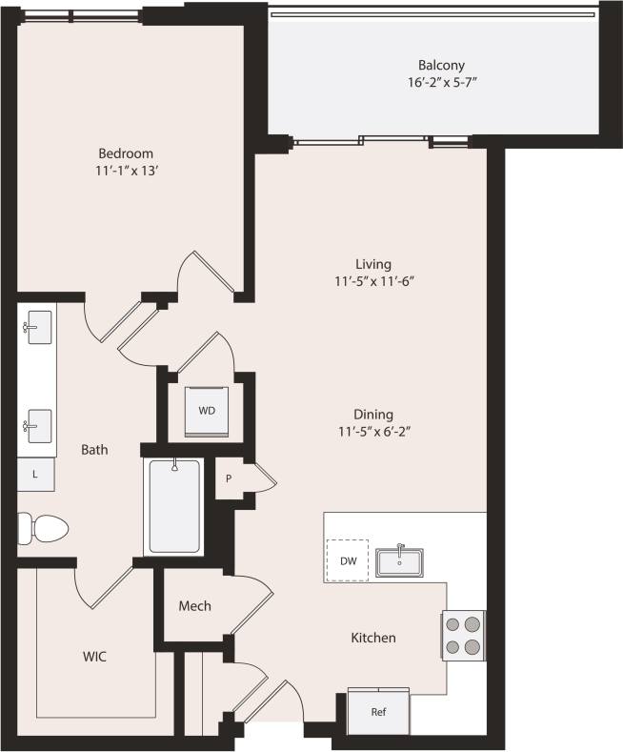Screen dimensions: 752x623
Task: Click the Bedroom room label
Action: [126, 153]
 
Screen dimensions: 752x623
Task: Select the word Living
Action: [372, 264]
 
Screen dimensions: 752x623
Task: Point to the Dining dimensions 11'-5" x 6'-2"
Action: [372, 432]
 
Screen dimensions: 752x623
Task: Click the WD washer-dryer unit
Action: [207, 410]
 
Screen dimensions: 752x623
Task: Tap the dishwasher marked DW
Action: [348, 560]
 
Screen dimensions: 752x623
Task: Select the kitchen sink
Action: [399, 561]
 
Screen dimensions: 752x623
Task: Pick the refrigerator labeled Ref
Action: [378, 711]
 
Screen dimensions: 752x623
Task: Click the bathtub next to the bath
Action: [174, 506]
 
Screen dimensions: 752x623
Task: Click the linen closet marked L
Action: [35, 474]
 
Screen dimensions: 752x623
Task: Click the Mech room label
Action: [194, 606]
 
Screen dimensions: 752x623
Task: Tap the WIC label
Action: [94, 657]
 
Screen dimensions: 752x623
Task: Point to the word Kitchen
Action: [372, 638]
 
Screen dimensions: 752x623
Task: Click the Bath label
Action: [94, 449]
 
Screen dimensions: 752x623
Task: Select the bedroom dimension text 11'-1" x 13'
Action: [126, 171]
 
